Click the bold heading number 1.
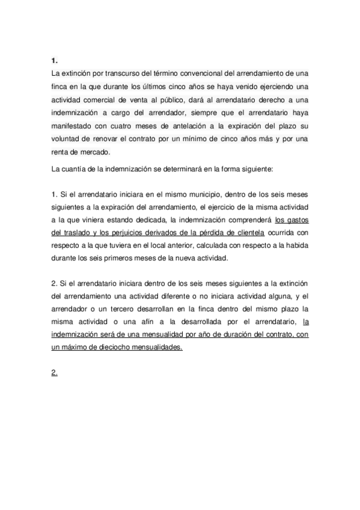[54, 61]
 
